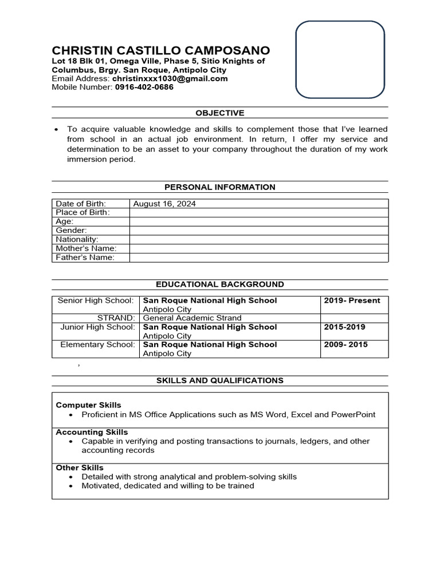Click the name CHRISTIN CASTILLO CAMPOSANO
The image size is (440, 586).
click(161, 50)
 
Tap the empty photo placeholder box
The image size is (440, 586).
click(340, 60)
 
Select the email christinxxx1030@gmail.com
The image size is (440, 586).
click(170, 78)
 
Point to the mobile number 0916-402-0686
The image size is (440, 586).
click(144, 87)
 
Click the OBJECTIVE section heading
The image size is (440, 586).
click(220, 113)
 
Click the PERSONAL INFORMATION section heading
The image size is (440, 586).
click(220, 187)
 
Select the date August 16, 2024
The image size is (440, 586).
click(164, 203)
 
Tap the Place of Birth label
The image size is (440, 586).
click(82, 212)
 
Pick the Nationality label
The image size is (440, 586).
click(77, 239)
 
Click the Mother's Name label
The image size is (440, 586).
click(86, 248)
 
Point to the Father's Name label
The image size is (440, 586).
click(85, 258)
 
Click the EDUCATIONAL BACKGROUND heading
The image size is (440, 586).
click(220, 284)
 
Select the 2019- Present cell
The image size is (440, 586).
click(352, 300)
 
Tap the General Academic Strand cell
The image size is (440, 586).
click(192, 318)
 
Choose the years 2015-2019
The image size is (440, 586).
click(344, 327)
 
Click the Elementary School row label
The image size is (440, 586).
click(97, 345)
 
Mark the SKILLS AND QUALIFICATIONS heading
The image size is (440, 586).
click(220, 380)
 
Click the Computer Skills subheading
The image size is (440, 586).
click(88, 405)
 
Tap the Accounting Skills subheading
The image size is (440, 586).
click(92, 432)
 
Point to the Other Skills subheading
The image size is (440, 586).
click(80, 468)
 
